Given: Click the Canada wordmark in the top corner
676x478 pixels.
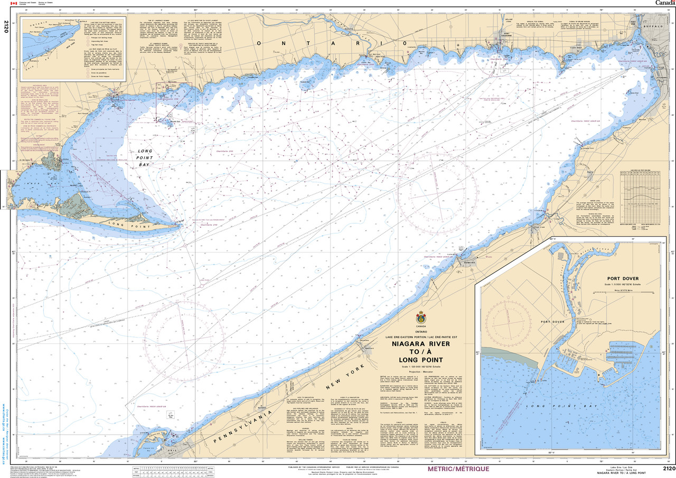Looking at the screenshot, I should pyautogui.click(x=664, y=3).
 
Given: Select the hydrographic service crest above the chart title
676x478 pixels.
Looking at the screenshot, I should pyautogui.click(x=421, y=318).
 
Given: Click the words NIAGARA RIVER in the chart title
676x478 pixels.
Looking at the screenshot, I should pyautogui.click(x=421, y=343).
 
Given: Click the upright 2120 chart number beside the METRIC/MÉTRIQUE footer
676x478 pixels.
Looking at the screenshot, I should pyautogui.click(x=668, y=468).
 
